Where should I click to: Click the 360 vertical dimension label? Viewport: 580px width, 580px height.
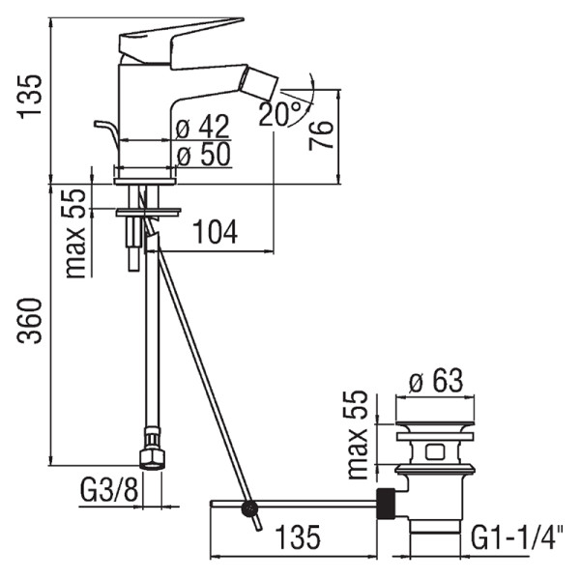pos(30,321)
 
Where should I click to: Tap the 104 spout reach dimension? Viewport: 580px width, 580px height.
pos(215,232)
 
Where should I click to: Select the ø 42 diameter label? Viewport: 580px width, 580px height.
pos(203,127)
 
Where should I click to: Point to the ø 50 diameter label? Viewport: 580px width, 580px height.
pos(203,155)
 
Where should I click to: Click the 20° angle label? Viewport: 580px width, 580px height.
pos(280,113)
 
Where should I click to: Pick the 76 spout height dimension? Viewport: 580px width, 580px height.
pos(321,135)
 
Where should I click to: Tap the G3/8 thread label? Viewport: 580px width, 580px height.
pos(108,490)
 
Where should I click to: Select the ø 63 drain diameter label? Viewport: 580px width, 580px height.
pos(436,380)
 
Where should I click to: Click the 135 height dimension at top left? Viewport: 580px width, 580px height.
pos(30,97)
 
